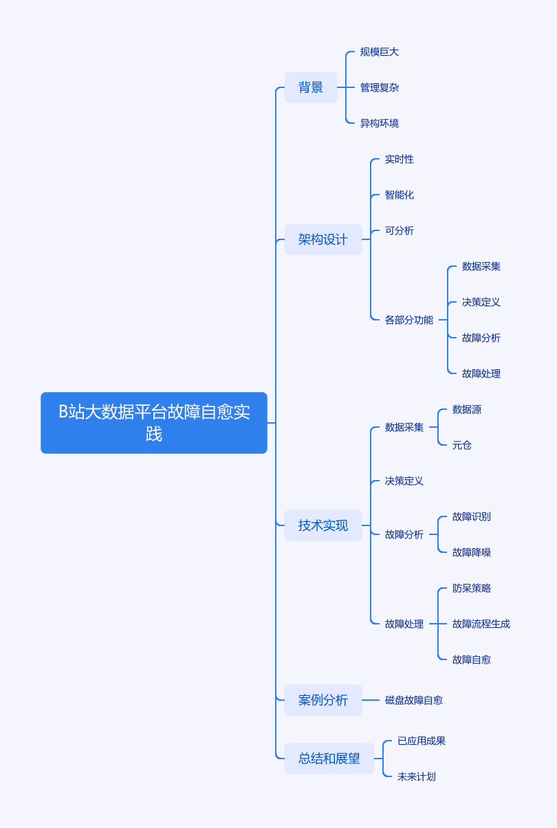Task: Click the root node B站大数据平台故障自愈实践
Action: click(154, 422)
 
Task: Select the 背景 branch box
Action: click(310, 87)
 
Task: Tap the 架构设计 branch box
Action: click(323, 239)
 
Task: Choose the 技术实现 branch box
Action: click(323, 525)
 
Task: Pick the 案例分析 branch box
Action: click(323, 700)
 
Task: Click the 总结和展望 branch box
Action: click(329, 759)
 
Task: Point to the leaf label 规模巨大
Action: click(379, 52)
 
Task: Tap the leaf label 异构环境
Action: click(379, 123)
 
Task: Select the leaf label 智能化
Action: click(399, 195)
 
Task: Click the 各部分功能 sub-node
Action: click(408, 320)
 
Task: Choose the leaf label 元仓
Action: click(461, 445)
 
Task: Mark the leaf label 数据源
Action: click(467, 409)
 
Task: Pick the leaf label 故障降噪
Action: click(472, 552)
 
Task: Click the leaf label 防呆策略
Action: click(472, 588)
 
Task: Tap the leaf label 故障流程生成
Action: click(481, 624)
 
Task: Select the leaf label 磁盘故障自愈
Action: click(413, 700)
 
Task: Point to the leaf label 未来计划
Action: click(417, 776)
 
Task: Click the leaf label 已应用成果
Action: click(422, 741)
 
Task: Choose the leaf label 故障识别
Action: click(472, 516)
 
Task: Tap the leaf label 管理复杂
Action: click(379, 87)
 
